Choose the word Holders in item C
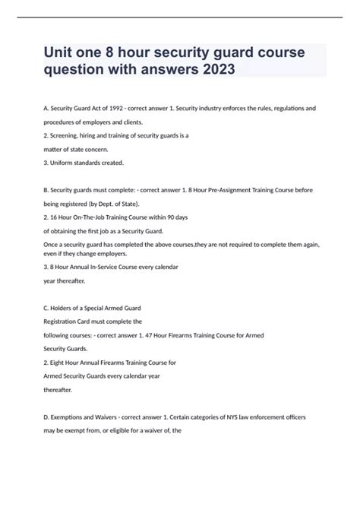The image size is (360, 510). click(68, 308)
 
